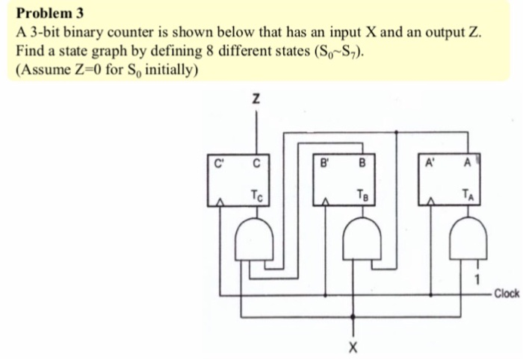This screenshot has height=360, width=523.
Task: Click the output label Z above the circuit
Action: coord(256,99)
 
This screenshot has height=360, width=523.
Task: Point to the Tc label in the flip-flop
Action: coord(257,196)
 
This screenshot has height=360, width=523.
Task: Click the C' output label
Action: coord(218,159)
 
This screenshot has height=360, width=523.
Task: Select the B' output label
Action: coord(324,159)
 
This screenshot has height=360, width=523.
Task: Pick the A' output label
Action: coord(431,159)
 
